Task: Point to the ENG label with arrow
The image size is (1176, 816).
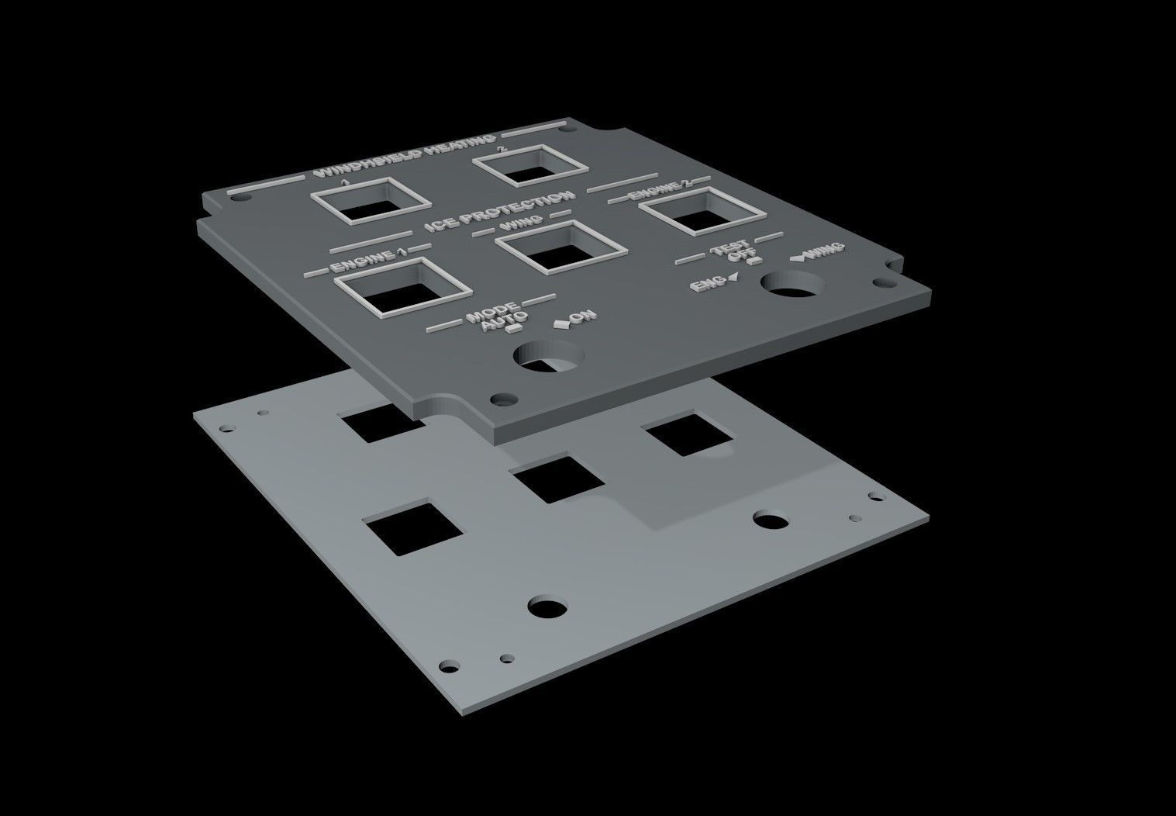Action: (708, 285)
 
